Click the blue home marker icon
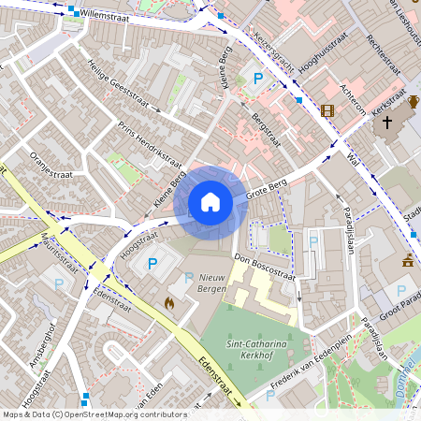click(210, 201)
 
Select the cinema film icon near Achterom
click(327, 110)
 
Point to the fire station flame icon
click(169, 303)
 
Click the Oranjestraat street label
click(52, 164)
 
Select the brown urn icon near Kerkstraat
click(414, 102)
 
